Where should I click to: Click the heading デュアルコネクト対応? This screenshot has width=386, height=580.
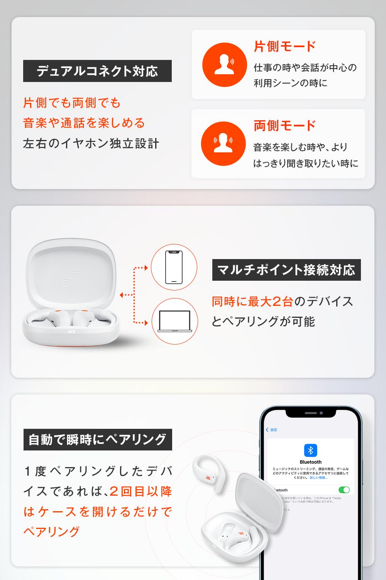(x=97, y=71)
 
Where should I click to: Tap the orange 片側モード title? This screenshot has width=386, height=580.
(x=284, y=46)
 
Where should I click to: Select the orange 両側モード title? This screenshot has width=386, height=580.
(x=284, y=126)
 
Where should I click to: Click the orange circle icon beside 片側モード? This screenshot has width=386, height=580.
(x=224, y=65)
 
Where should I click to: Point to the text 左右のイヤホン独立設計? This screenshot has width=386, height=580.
(x=91, y=143)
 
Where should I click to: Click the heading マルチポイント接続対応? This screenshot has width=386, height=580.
(x=286, y=270)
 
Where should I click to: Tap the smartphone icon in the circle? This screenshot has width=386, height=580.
(x=174, y=267)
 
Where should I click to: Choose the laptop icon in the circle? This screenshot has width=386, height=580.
(x=174, y=321)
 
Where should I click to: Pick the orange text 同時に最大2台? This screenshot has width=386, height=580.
(x=252, y=302)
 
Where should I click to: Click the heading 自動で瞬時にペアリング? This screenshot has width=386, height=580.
(x=98, y=440)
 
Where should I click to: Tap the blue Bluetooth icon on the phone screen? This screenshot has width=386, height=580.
(x=310, y=450)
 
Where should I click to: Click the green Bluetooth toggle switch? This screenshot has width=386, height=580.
(x=344, y=490)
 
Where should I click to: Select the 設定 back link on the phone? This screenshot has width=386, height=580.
(x=272, y=430)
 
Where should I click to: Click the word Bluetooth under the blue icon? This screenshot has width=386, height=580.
(x=310, y=462)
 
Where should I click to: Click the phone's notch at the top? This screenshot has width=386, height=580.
(x=311, y=413)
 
